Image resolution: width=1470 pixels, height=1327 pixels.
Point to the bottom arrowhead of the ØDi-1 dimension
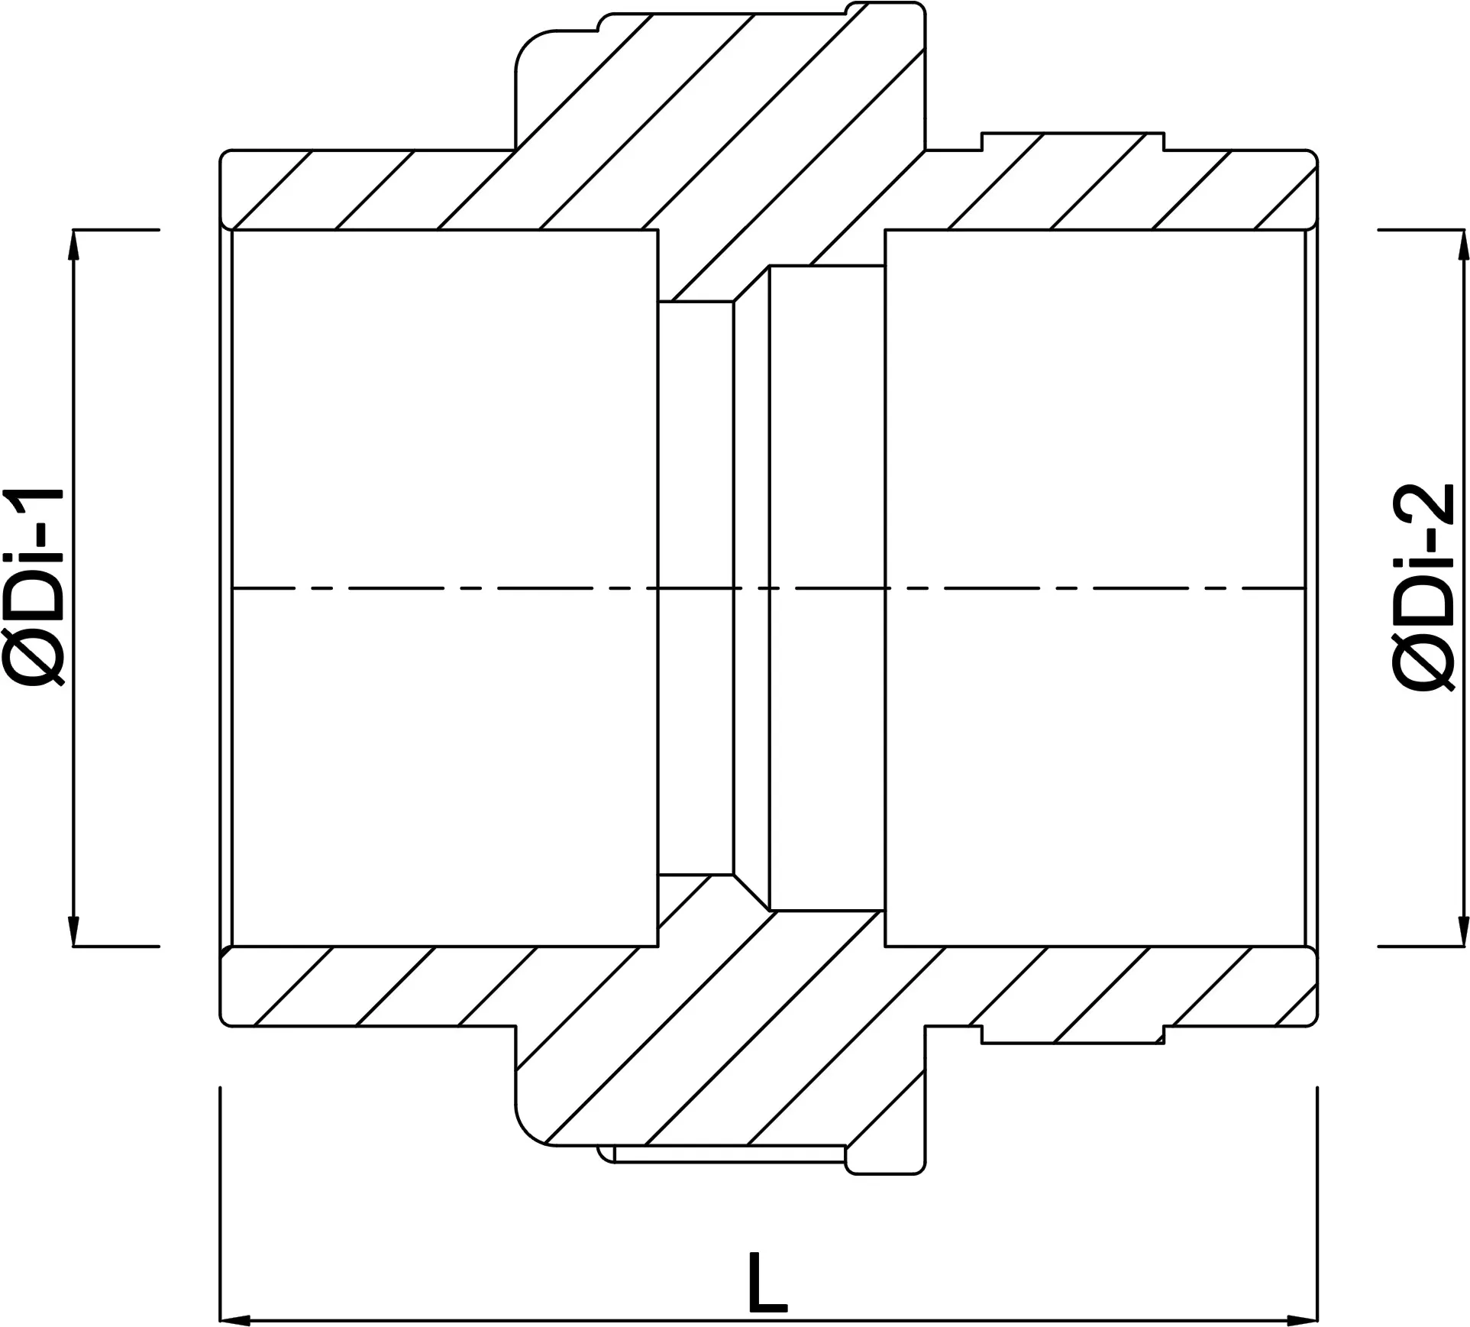74,928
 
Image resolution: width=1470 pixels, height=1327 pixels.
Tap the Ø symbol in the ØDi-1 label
34,662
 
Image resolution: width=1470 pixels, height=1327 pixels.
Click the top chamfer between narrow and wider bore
751,283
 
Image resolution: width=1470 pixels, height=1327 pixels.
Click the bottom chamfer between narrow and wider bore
751,892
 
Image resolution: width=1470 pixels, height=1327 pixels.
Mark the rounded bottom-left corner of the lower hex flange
527,1124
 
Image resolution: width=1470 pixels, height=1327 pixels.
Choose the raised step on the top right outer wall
1073,142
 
